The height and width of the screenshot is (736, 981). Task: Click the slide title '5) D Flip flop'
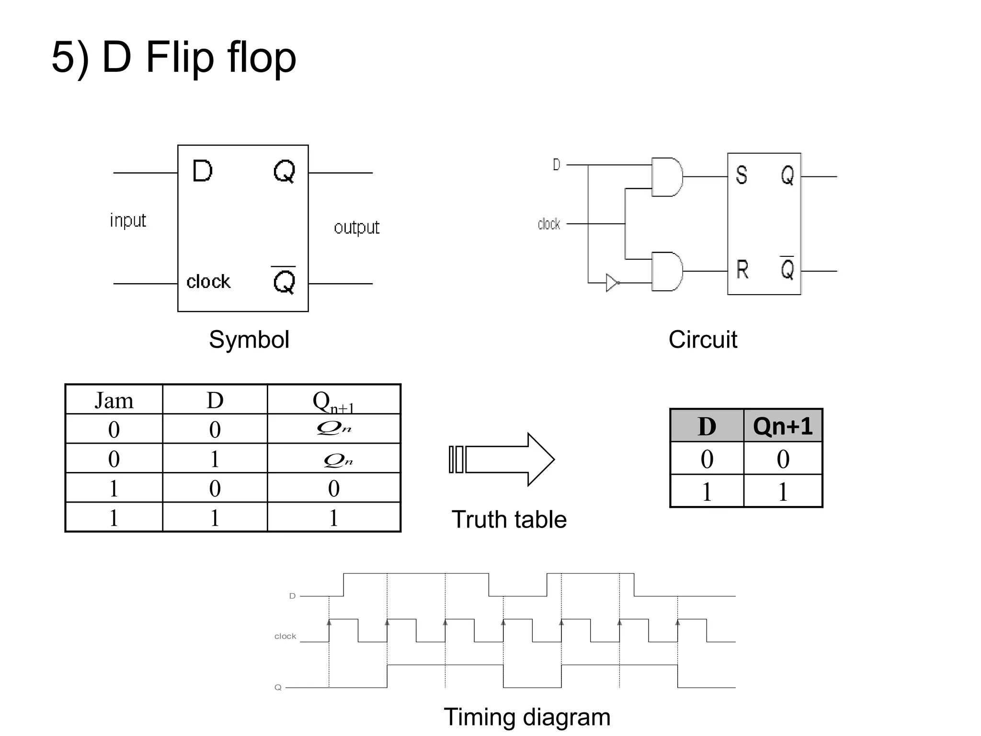click(x=173, y=57)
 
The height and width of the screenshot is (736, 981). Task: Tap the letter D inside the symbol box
click(x=202, y=171)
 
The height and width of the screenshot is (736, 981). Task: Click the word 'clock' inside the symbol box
click(x=208, y=282)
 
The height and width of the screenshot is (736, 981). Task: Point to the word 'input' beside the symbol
click(x=128, y=220)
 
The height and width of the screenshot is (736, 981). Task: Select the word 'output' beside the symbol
click(x=356, y=228)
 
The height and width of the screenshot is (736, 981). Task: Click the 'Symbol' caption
click(x=249, y=340)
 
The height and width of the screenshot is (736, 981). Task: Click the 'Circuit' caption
click(x=702, y=340)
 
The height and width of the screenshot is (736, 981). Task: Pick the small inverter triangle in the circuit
click(x=612, y=283)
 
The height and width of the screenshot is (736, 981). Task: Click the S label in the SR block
click(x=741, y=175)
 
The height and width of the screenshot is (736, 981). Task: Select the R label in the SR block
click(x=742, y=269)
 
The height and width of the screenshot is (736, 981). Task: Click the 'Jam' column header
click(x=114, y=401)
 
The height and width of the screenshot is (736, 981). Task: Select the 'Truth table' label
click(x=509, y=519)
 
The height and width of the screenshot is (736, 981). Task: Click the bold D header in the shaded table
click(x=707, y=426)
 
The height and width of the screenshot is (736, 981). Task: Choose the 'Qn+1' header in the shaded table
click(x=783, y=426)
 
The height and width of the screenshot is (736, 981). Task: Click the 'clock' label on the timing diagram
click(x=285, y=636)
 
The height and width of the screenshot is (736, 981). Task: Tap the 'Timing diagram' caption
click(x=527, y=717)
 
